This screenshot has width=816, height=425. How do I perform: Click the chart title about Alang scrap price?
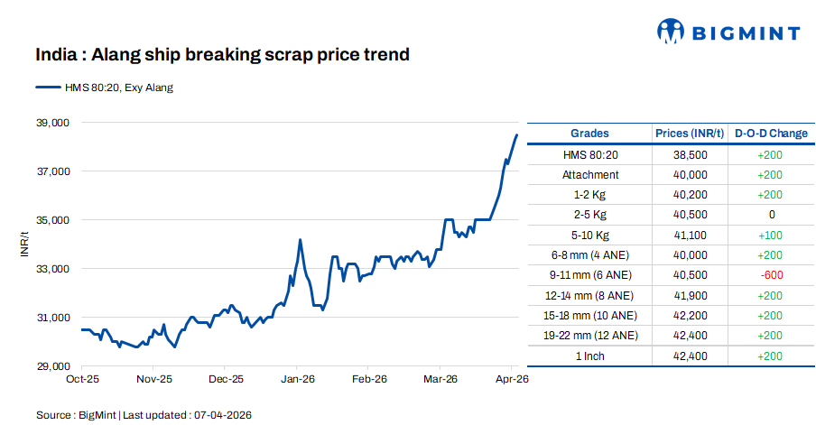point(222,55)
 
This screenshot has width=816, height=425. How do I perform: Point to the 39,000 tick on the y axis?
point(51,122)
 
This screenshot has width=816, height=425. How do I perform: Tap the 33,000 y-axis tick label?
point(51,269)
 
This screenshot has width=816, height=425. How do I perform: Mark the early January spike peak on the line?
point(300,240)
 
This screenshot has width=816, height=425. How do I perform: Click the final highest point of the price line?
point(516,135)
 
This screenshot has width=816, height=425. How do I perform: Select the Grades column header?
point(589,134)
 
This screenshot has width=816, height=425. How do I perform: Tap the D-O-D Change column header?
point(771,134)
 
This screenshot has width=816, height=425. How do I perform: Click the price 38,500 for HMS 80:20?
point(690,154)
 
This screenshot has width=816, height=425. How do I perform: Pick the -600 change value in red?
point(771,275)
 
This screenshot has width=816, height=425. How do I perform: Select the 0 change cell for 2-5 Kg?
point(771,215)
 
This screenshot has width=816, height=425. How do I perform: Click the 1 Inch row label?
point(589,356)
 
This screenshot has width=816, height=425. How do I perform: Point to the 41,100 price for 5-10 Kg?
point(690,235)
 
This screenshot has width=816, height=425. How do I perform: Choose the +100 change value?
point(771,235)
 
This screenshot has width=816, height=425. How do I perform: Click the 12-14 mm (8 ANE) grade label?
point(589,295)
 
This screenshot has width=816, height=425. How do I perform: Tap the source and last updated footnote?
point(144,414)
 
